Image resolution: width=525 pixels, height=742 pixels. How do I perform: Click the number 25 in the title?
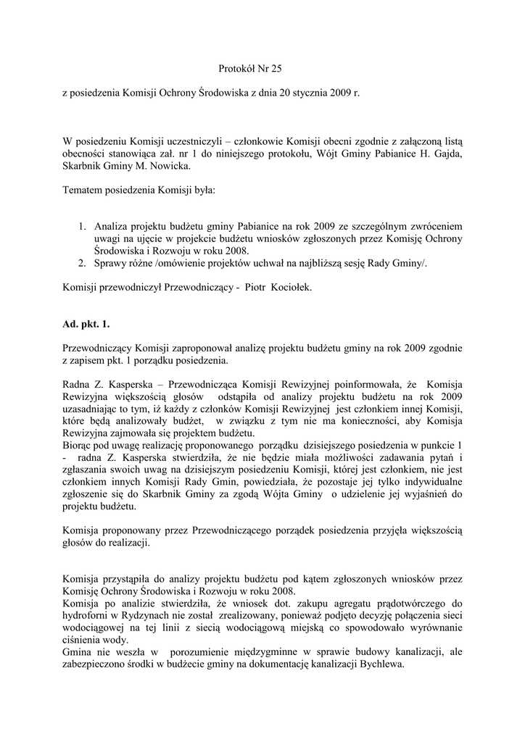[273, 70]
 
